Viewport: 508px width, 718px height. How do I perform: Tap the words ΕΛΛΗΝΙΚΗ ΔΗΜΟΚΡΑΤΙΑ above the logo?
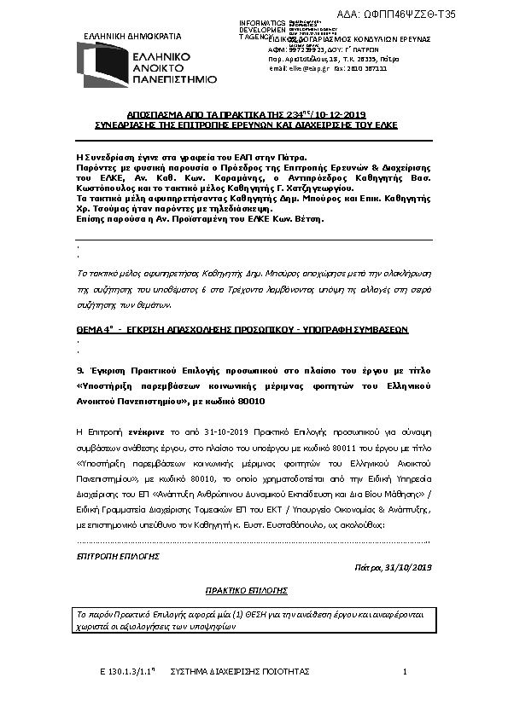point(132,37)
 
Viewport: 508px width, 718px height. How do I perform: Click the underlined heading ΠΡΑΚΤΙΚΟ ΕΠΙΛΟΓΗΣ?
point(247,590)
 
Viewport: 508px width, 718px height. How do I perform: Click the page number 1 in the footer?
point(405,673)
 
